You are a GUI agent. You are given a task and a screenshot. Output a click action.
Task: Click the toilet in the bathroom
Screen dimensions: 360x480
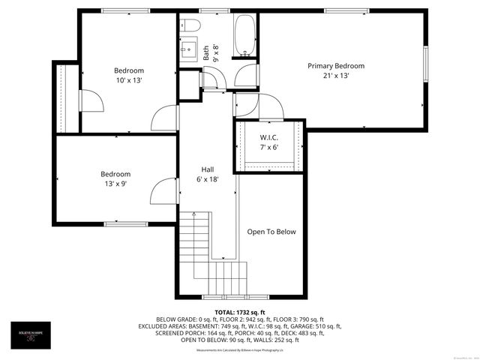189,27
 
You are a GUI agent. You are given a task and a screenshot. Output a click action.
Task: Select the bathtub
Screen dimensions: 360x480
244,36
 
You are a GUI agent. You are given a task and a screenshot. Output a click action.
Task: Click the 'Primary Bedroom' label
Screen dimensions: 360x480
336,66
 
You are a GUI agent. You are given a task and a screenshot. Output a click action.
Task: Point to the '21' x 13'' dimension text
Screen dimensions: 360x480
336,76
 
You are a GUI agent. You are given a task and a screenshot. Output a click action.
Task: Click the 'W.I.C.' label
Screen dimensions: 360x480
269,137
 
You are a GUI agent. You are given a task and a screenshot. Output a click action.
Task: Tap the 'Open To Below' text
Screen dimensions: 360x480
271,232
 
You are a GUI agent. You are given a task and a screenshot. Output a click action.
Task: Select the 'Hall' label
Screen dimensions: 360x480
208,169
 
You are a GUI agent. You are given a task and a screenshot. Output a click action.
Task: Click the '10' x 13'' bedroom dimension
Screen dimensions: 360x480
128,80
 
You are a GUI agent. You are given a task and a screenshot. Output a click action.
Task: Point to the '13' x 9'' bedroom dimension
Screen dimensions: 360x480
116,184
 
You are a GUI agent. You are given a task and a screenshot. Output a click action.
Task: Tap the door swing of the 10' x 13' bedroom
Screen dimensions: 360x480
163,118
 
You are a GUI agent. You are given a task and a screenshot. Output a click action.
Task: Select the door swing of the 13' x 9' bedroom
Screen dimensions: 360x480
162,192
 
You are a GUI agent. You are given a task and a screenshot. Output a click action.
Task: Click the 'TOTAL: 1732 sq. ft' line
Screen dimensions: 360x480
240,311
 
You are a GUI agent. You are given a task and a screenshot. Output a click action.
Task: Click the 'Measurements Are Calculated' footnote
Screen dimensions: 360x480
240,350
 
